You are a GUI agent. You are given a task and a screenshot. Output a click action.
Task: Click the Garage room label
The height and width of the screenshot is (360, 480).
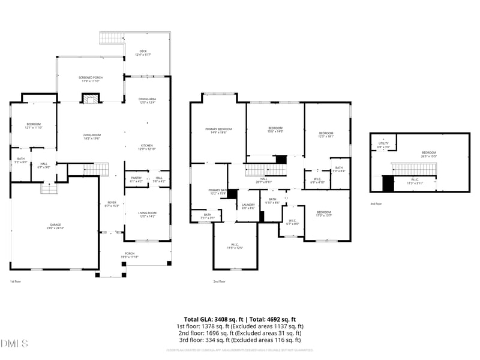pyautogui.click(x=55, y=227)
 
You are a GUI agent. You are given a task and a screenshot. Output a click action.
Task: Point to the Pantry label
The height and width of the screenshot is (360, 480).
pyautogui.click(x=136, y=179)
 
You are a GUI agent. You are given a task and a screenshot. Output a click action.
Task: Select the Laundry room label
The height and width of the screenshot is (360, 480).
pyautogui.click(x=248, y=206)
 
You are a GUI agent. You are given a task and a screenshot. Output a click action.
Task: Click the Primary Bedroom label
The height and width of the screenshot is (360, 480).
pyautogui.click(x=218, y=130)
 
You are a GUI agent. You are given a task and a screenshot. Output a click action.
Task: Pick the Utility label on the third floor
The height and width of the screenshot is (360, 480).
pyautogui.click(x=383, y=145)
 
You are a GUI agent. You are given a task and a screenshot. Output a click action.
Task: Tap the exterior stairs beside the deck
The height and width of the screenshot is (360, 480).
pyautogui.click(x=111, y=38)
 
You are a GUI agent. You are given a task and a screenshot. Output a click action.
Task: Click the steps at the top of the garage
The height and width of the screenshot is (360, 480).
pyautogui.click(x=48, y=188)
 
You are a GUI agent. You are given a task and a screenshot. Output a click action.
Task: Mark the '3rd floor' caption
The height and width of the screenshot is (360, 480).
pyautogui.click(x=376, y=204)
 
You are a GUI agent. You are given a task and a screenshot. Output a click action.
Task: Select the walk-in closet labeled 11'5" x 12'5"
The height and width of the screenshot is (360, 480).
pyautogui.click(x=235, y=246)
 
